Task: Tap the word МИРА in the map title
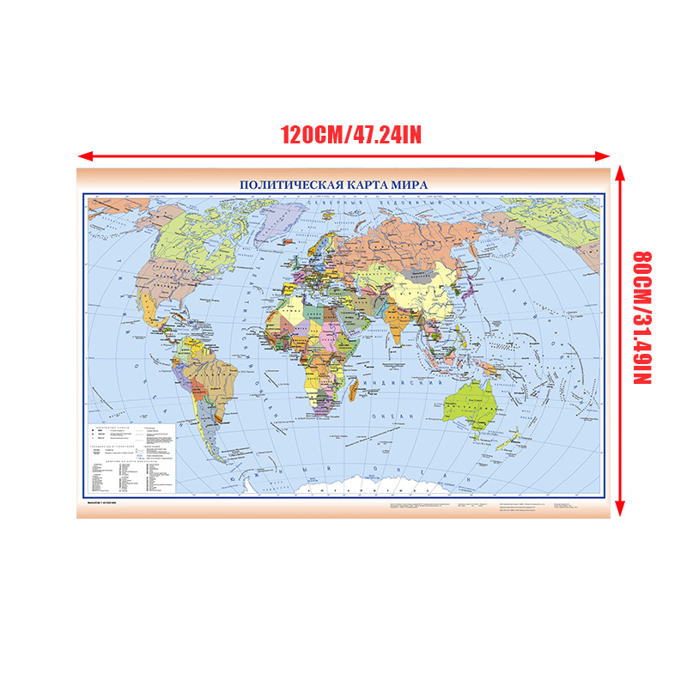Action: coord(408,184)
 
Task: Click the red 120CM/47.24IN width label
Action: coord(350,135)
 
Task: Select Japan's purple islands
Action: coord(469,289)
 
